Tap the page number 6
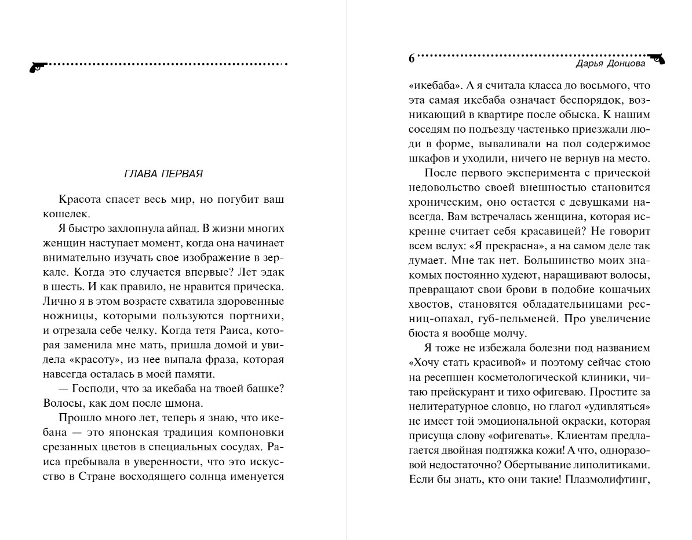pos(411,59)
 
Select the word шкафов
pos(426,159)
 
